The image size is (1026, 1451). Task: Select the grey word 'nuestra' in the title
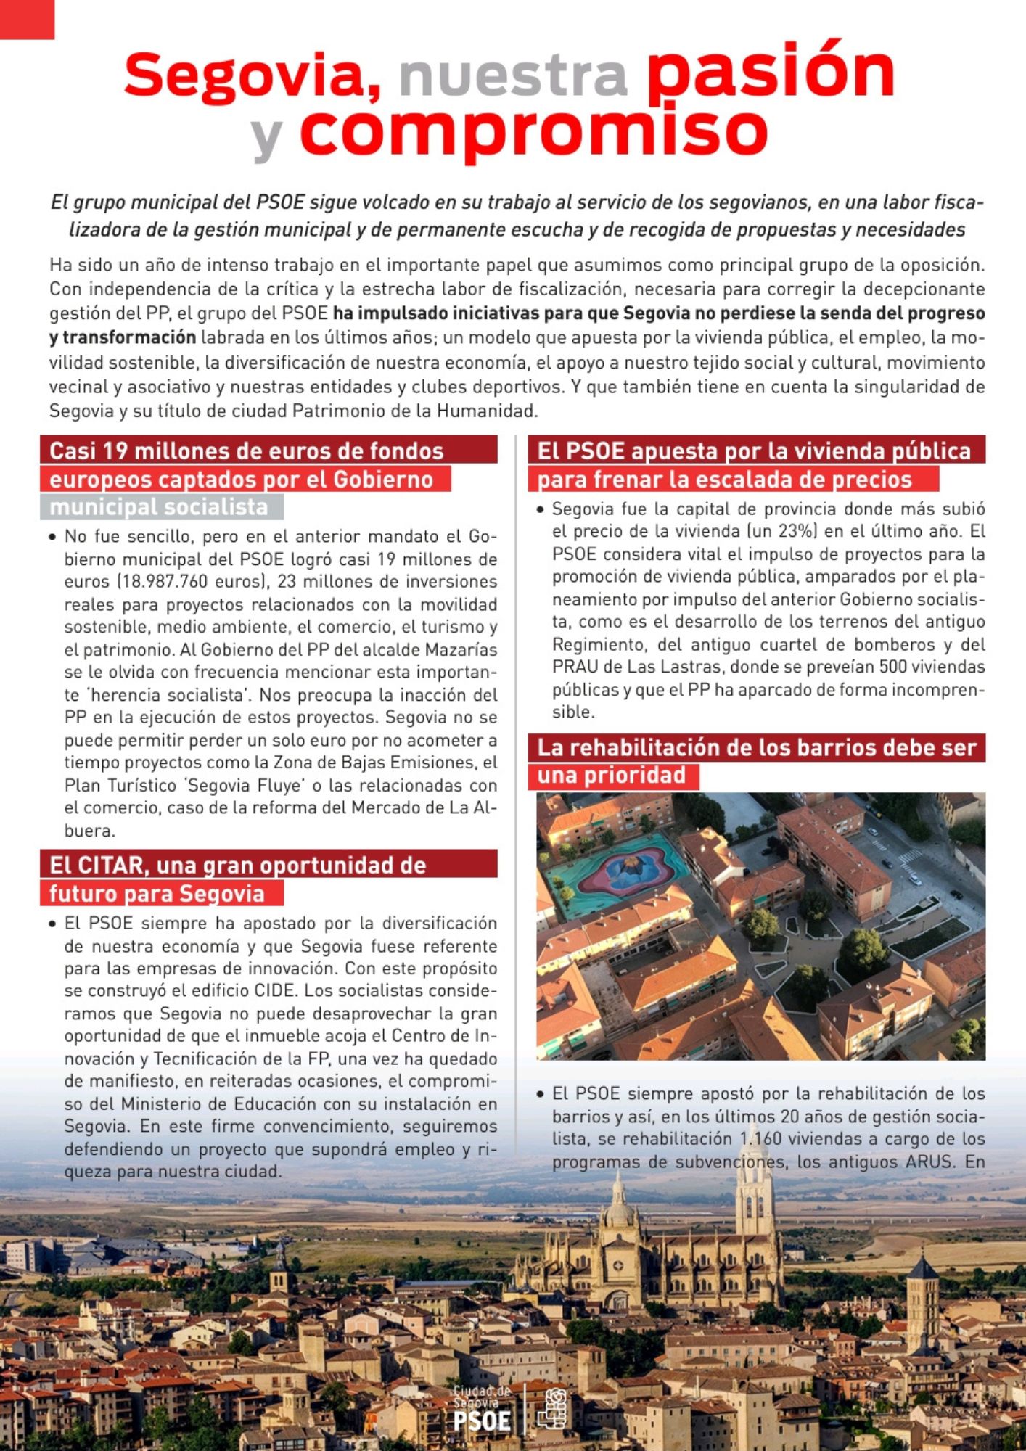[513, 75]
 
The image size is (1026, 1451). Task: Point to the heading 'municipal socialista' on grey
[159, 507]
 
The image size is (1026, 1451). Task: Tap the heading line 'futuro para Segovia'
[157, 894]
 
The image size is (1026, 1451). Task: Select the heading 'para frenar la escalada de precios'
[724, 480]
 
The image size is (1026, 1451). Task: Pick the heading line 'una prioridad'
[612, 776]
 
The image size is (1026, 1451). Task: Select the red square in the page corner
[27, 19]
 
